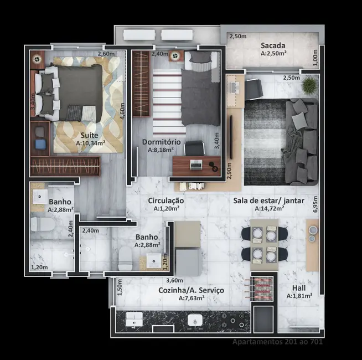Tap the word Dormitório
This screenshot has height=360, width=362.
tap(161, 142)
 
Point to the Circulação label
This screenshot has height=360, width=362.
tap(166, 200)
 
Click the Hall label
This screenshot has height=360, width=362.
tap(299, 288)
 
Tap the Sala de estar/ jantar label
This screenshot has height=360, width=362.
tap(268, 200)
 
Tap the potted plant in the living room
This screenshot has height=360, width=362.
tap(310, 85)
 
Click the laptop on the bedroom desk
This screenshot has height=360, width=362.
tap(196, 164)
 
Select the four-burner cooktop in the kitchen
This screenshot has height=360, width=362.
tap(229, 320)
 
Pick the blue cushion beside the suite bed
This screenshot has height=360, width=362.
tap(40, 144)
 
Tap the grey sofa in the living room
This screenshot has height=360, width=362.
tap(302, 141)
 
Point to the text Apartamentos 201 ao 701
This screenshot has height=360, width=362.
tap(277, 342)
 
